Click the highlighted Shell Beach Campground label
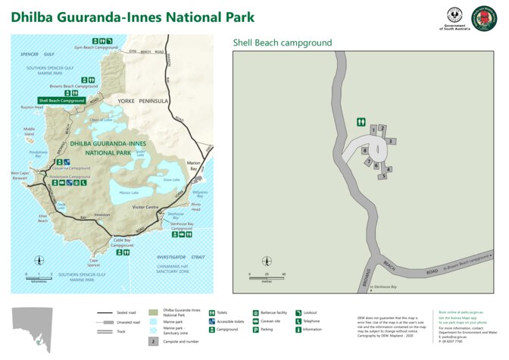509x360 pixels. click(x=61, y=100)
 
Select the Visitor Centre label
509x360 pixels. click(x=145, y=207)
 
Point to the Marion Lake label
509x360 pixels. click(x=129, y=193)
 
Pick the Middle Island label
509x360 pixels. click(x=29, y=130)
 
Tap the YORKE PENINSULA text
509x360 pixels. click(x=142, y=100)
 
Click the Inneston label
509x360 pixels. click(x=101, y=214)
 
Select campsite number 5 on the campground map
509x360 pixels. click(x=384, y=176)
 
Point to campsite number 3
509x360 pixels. click(x=390, y=141)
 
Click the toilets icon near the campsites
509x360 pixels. click(x=362, y=121)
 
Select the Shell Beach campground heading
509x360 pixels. click(x=282, y=43)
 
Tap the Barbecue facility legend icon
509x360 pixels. click(x=255, y=312)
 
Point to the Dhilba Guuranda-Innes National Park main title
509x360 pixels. click(x=133, y=17)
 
